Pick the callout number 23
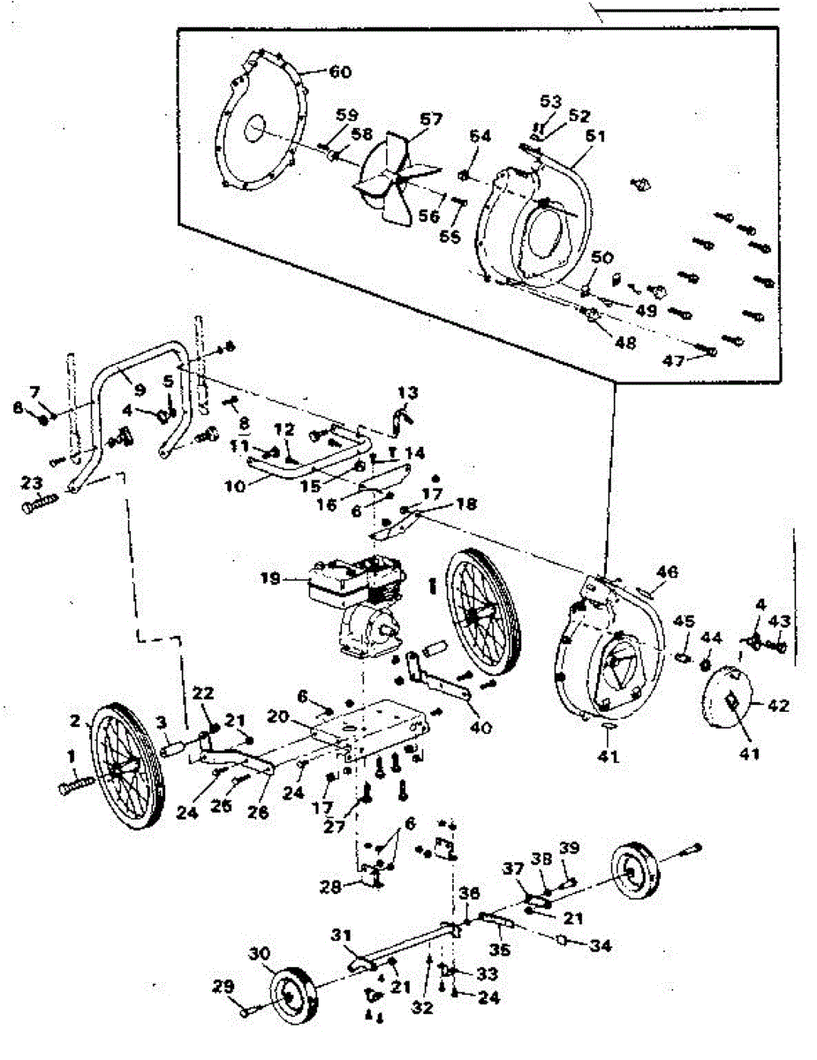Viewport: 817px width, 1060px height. coord(32,483)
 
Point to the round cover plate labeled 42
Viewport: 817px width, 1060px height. coord(729,702)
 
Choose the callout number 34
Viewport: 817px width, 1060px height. coord(601,946)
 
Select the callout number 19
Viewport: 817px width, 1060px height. coord(270,579)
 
